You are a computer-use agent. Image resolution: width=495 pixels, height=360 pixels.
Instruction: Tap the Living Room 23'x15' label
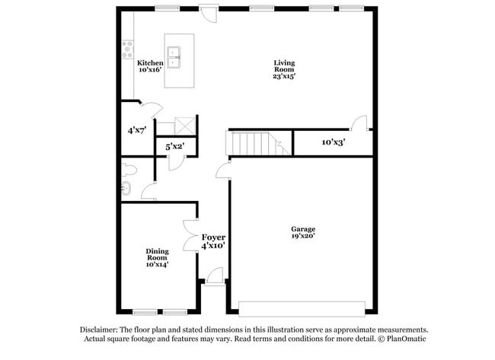point(284,69)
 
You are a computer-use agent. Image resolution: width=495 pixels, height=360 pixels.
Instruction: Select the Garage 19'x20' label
point(303,232)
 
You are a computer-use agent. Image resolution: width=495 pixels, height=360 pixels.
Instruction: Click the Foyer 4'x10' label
point(213,241)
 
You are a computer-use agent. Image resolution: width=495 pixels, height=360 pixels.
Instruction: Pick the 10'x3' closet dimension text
point(334,142)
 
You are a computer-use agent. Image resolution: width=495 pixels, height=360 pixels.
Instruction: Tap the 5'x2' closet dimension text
point(175,146)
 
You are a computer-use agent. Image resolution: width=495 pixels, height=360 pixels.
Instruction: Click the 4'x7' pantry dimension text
point(137,130)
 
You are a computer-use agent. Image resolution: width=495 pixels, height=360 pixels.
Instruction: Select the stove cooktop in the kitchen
point(127,49)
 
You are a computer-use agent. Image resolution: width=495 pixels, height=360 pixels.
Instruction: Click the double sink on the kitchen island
point(174,57)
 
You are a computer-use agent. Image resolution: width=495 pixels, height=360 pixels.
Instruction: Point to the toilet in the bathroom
point(129,170)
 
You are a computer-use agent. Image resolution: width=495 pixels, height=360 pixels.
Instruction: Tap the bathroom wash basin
point(126,189)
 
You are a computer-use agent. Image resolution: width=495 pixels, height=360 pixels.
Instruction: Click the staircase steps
point(258,143)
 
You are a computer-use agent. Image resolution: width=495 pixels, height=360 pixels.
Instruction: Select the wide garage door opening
point(302,309)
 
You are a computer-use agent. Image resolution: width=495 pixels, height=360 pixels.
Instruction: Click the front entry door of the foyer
point(214,277)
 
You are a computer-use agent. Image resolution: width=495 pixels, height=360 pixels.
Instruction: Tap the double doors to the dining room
point(190,235)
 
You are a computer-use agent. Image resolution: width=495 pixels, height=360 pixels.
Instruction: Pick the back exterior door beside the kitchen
point(209,14)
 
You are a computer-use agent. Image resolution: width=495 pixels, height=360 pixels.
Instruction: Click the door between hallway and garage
point(223,171)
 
